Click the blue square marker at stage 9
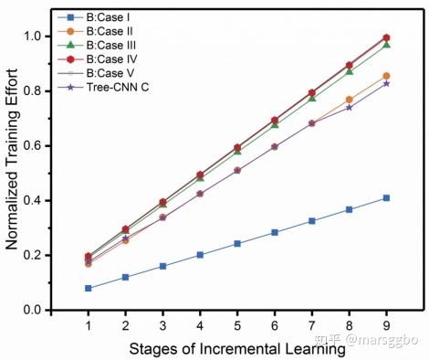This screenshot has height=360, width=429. tap(386, 198)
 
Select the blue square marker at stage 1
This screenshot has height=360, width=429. tap(89, 288)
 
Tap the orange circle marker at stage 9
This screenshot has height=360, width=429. tap(386, 76)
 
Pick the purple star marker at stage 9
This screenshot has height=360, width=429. tap(386, 83)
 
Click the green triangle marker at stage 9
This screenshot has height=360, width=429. tap(386, 45)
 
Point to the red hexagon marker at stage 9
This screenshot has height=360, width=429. tap(386, 37)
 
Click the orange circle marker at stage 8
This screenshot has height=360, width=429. tap(350, 100)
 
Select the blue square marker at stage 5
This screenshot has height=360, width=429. tap(237, 244)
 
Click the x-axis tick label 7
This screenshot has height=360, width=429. tap(312, 326)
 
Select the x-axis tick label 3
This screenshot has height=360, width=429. tap(162, 326)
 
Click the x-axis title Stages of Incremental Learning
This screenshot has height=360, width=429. tap(237, 349)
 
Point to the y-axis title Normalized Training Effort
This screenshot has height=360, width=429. tap(12, 159)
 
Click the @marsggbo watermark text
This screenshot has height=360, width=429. tap(382, 340)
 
